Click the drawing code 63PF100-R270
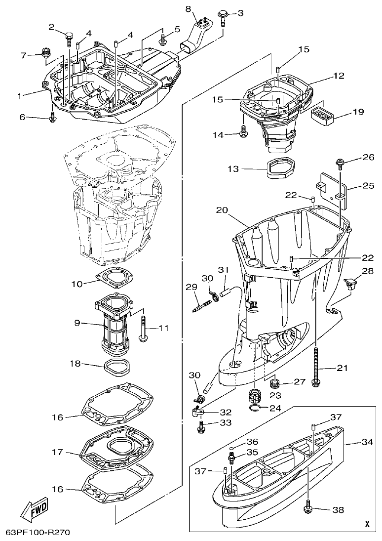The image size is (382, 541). (38, 533)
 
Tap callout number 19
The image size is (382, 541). (358, 112)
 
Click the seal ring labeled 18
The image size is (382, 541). (117, 368)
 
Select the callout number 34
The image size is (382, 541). (367, 442)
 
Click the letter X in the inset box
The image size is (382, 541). (367, 524)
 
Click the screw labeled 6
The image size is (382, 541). (53, 118)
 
